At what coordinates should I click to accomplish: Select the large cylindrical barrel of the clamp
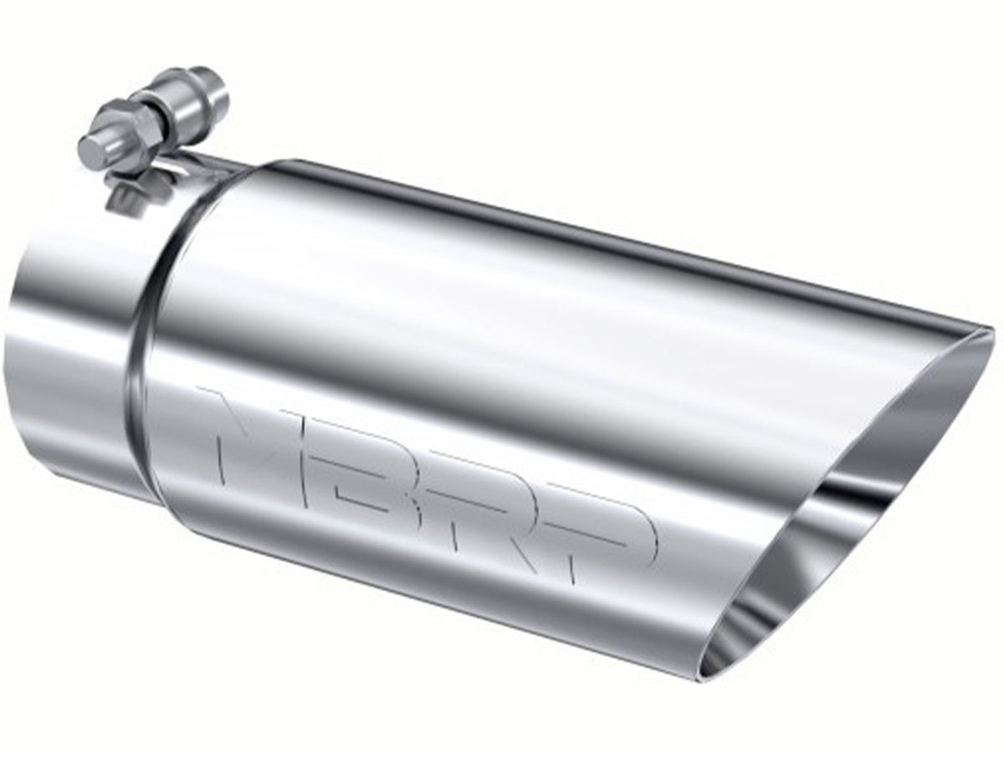(202, 97)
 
